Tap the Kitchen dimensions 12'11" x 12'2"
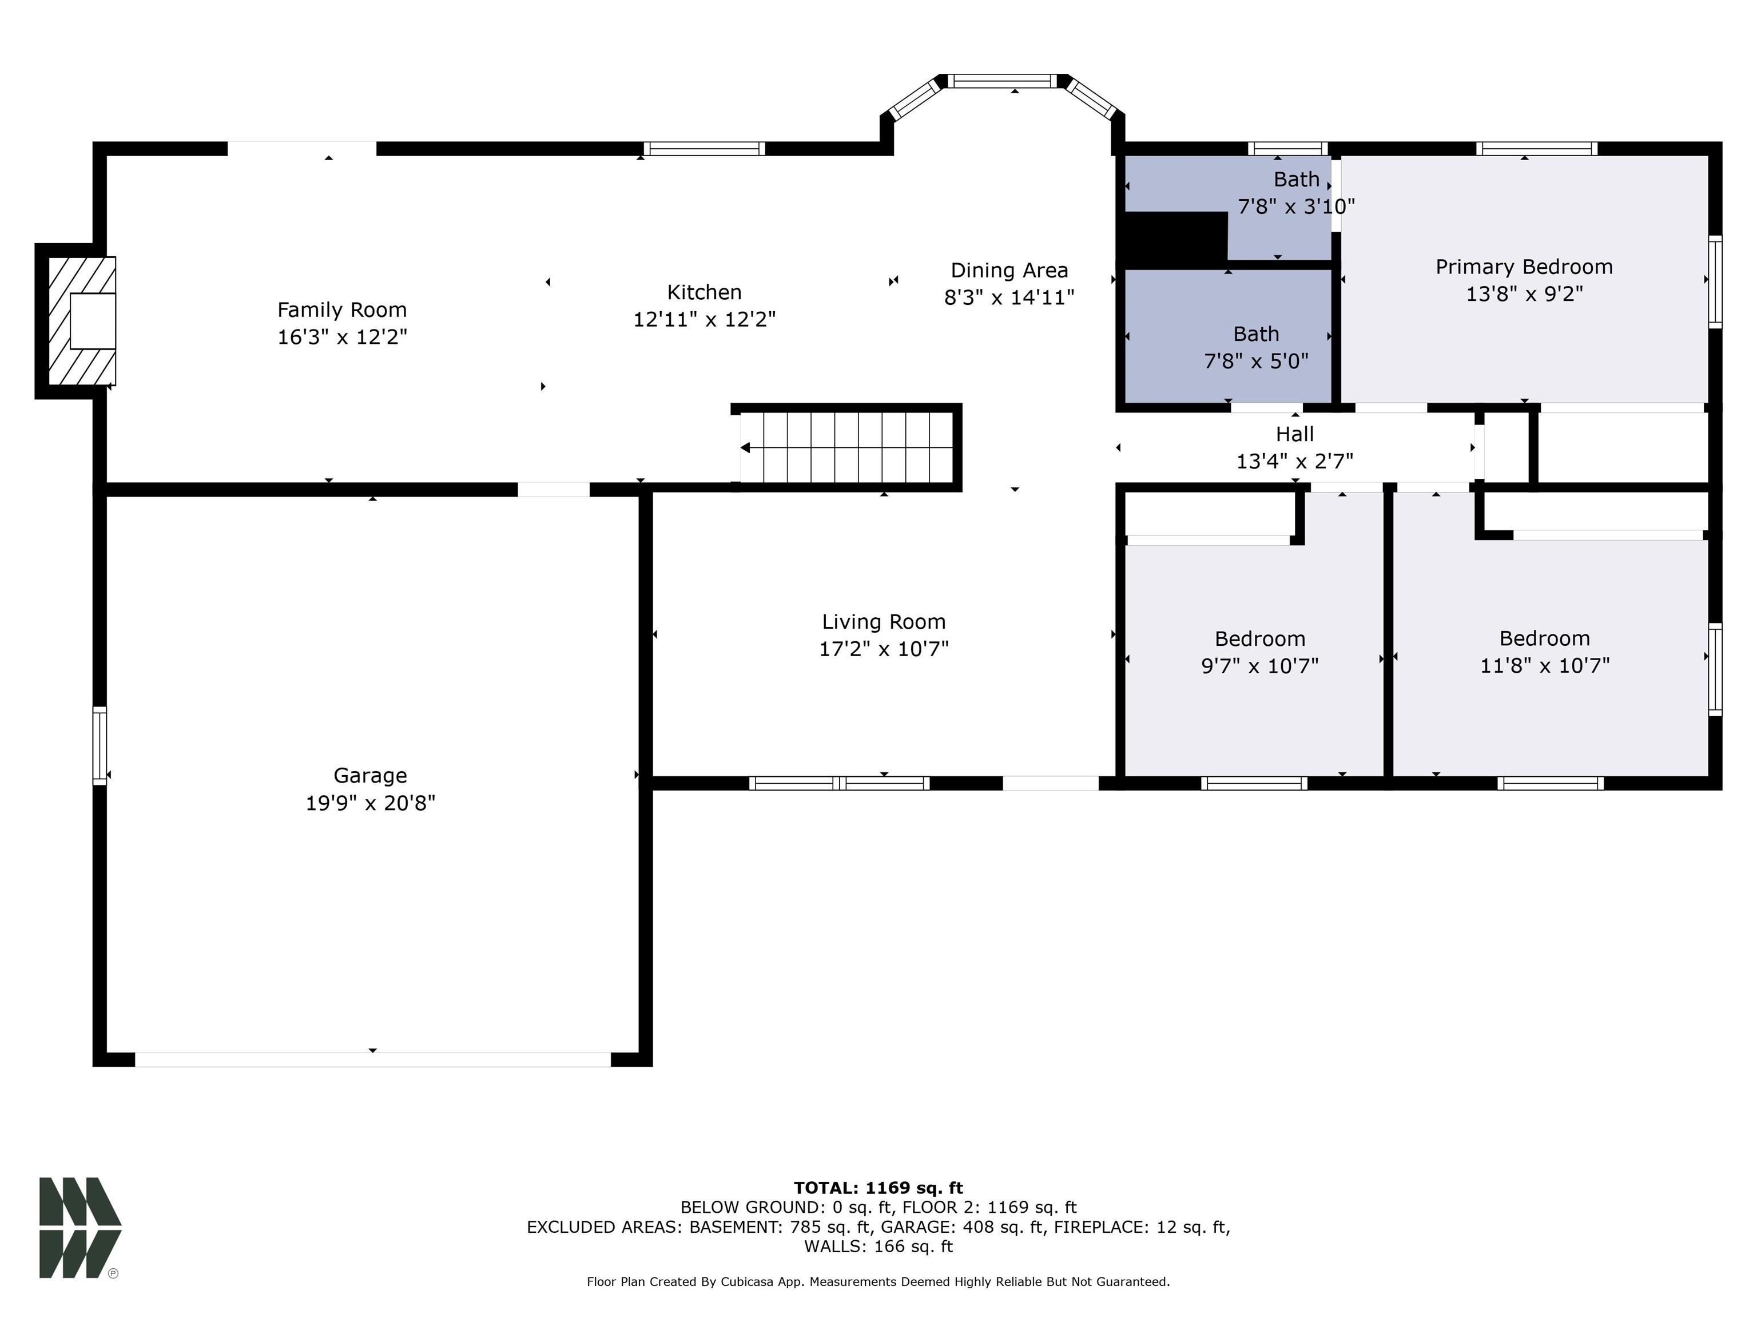coord(705,319)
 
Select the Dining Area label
coord(1009,271)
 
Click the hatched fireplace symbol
coord(82,321)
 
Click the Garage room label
coord(370,775)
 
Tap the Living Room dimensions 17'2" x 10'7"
coord(884,649)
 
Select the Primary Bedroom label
coord(1524,267)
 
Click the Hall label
coord(1295,435)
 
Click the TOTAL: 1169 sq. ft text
coord(878,1188)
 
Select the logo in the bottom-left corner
coord(80,1228)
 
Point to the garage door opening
coord(372,1059)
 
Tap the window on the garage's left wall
coord(100,746)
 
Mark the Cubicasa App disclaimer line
coord(878,1281)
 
